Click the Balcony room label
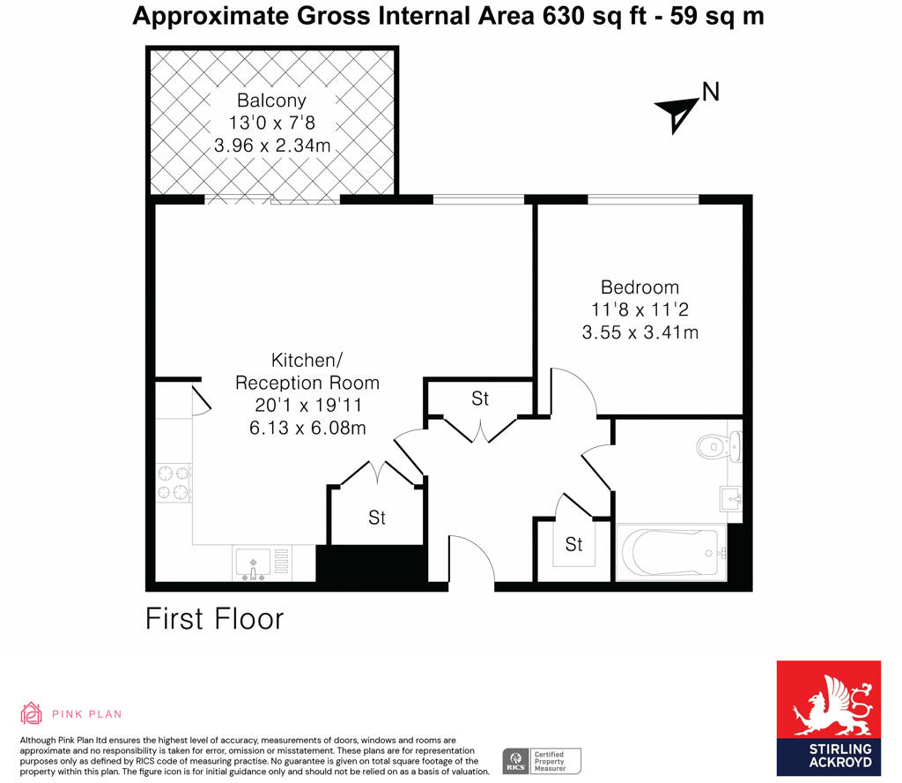click(x=272, y=101)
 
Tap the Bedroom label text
click(x=640, y=287)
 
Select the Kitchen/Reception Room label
click(x=307, y=371)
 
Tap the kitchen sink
click(x=253, y=563)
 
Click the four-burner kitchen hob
click(x=174, y=483)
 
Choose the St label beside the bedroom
click(x=479, y=399)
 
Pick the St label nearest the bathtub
click(x=573, y=545)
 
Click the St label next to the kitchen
click(x=376, y=518)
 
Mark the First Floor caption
click(x=214, y=619)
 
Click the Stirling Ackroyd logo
click(x=828, y=718)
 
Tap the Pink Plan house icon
click(x=32, y=713)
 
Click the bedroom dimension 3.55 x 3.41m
click(x=640, y=332)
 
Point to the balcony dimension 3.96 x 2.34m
click(x=272, y=145)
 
